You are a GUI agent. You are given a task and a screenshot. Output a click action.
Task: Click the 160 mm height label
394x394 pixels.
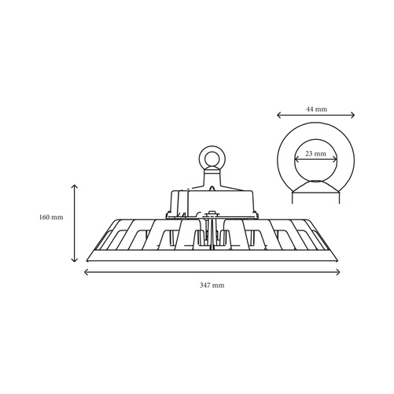coord(51,217)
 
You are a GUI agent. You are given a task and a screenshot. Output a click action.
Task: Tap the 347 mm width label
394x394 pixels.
coord(212,285)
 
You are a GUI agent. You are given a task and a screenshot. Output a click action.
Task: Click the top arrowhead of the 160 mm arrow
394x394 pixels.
coord(75,186)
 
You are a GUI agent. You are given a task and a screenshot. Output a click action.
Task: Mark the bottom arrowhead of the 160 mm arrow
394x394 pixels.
coord(75,261)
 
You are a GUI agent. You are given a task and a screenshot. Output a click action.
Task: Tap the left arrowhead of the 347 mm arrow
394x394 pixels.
coord(84,272)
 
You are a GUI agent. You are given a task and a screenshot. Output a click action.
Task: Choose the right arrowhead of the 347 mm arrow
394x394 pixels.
coord(340,272)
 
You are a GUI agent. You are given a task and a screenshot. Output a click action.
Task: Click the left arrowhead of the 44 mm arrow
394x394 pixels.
coord(278,115)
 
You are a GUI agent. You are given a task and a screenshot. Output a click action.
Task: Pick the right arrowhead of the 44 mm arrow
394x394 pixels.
coord(354,115)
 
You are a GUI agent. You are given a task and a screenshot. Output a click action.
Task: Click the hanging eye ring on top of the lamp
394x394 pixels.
coord(212,159)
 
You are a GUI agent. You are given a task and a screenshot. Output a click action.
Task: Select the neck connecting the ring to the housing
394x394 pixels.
coord(212,179)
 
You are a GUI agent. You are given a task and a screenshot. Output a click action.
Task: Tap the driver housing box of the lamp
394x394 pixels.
coord(212,201)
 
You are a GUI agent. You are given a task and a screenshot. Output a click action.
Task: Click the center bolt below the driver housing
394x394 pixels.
coord(212,213)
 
